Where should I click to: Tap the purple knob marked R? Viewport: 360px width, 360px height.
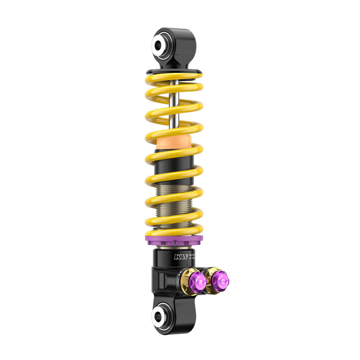[x=198, y=281]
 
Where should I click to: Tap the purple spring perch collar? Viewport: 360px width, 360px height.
[x=174, y=238]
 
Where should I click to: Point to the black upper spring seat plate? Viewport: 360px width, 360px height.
[x=173, y=72]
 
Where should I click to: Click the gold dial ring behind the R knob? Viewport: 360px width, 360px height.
[x=187, y=281]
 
